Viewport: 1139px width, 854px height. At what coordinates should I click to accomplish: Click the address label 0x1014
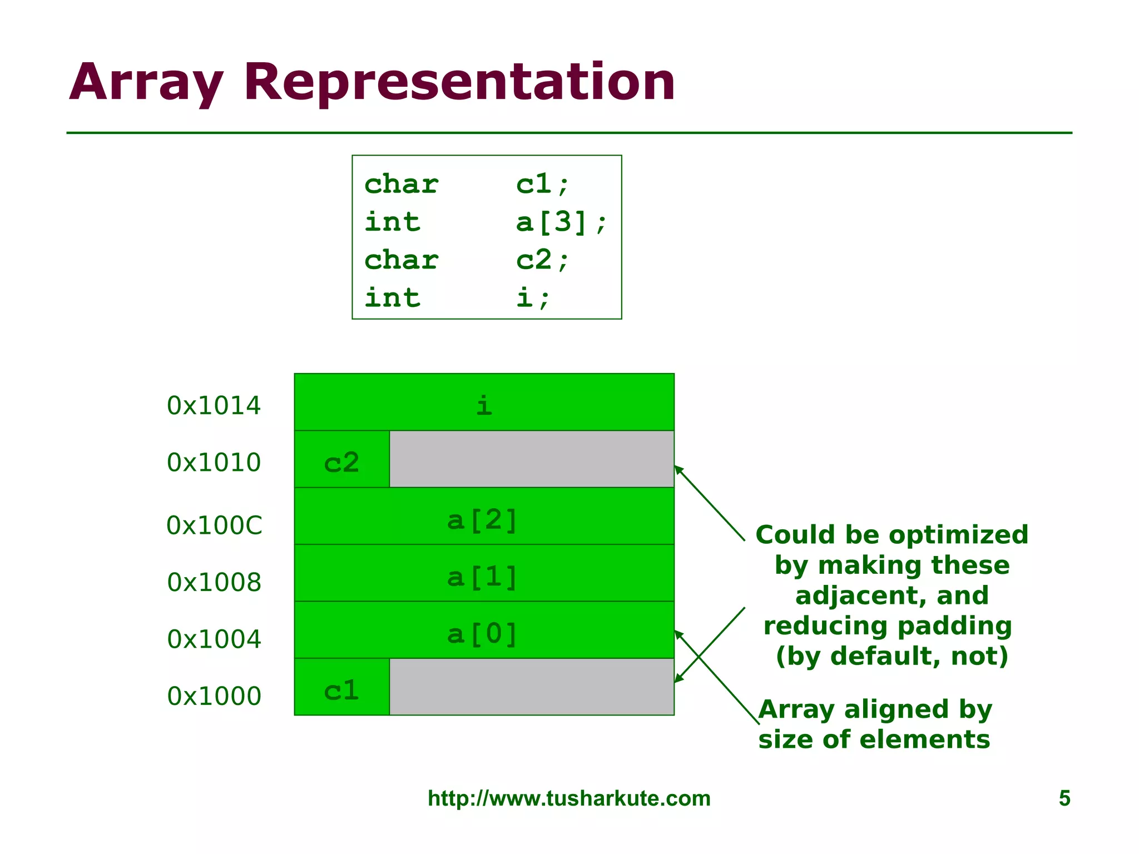(214, 405)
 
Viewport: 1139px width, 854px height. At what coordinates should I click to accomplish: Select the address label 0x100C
(214, 525)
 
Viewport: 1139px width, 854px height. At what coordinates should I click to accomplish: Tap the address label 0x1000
(214, 696)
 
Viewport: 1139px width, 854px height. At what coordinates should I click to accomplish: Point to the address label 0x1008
(214, 582)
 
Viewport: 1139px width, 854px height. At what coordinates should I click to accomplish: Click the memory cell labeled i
(484, 403)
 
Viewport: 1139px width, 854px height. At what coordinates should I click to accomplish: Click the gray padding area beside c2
(532, 459)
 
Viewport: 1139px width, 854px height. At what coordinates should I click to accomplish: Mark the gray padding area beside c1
(532, 687)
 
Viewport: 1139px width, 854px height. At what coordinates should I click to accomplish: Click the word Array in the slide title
(146, 82)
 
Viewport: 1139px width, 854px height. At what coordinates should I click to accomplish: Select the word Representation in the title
(459, 82)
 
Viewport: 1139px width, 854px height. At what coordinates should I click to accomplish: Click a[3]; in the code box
(561, 222)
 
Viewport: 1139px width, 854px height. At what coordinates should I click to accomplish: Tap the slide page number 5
(1064, 798)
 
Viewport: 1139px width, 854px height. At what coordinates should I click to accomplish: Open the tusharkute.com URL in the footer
(569, 798)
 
